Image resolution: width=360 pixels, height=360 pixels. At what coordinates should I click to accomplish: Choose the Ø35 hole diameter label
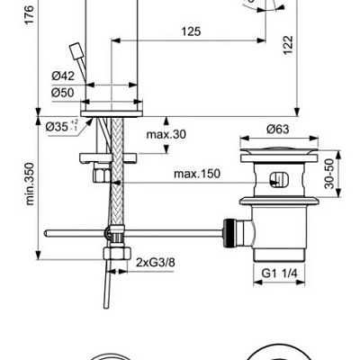click(59, 127)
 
